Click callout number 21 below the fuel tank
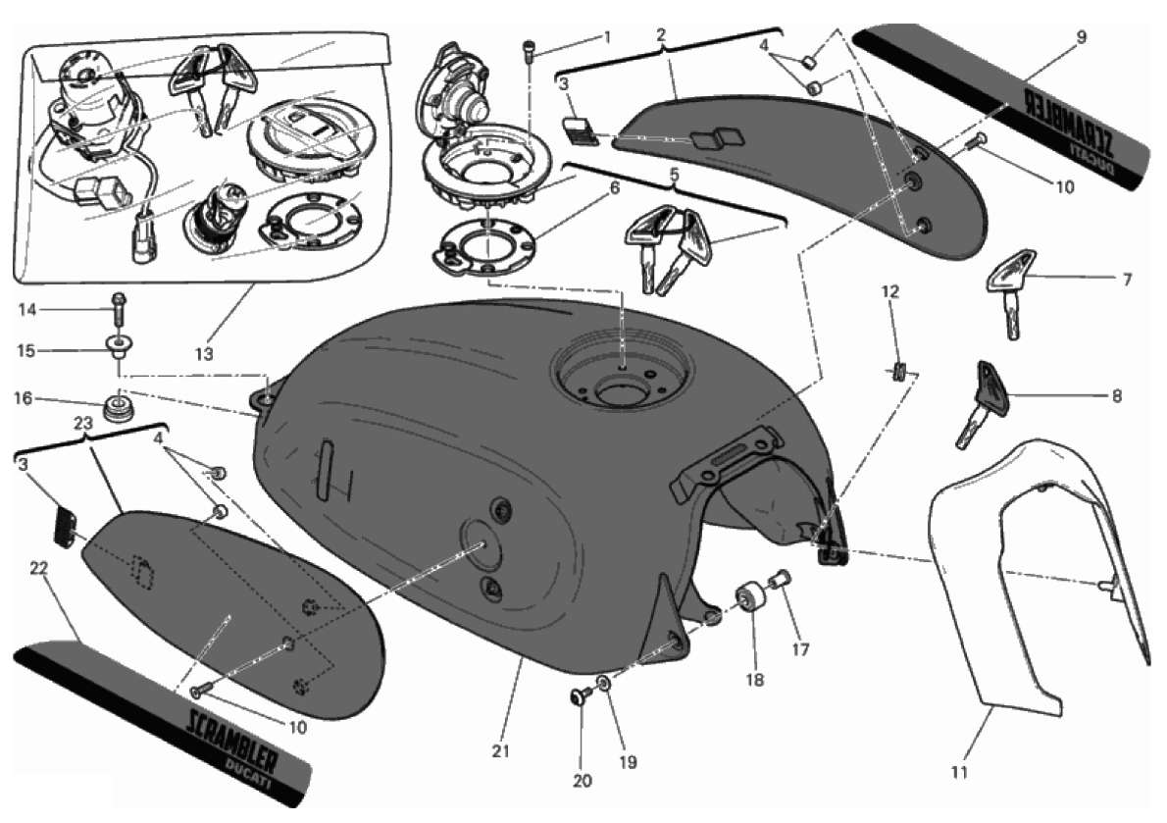pyautogui.click(x=501, y=750)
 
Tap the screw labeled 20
pyautogui.click(x=579, y=698)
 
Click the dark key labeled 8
pyautogui.click(x=980, y=406)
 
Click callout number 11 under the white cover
pyautogui.click(x=959, y=772)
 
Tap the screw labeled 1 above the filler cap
pyautogui.click(x=530, y=51)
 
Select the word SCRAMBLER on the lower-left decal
pyautogui.click(x=231, y=738)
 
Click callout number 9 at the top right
pyautogui.click(x=1081, y=35)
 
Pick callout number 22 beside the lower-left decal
pyautogui.click(x=38, y=568)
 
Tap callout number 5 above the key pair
pyautogui.click(x=675, y=175)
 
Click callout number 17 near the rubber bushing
pyautogui.click(x=800, y=649)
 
